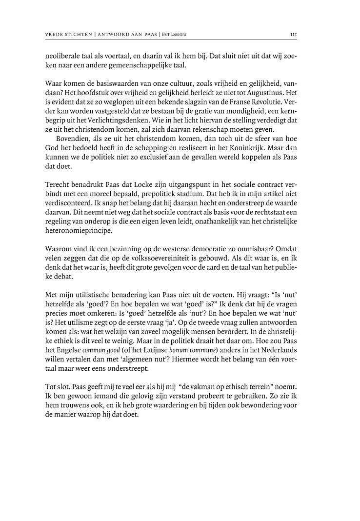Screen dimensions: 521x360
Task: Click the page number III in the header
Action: point(294,35)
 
